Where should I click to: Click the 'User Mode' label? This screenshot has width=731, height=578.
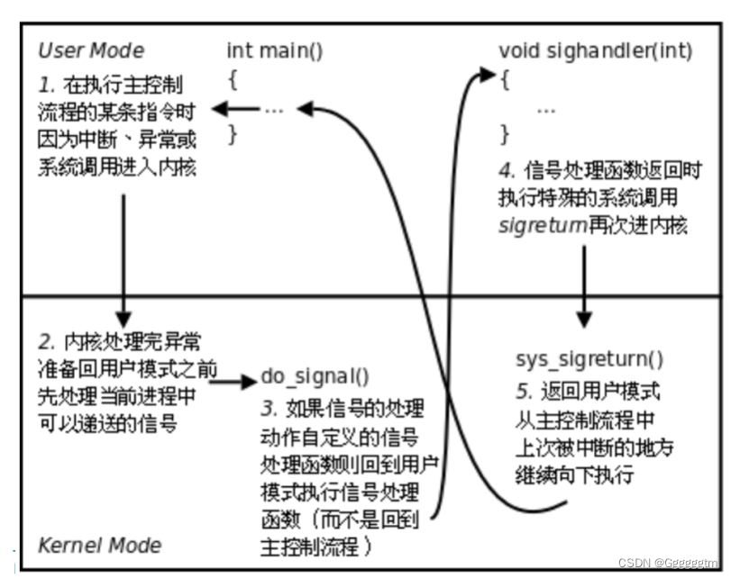(x=90, y=50)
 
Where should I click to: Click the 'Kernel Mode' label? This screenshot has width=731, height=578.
(x=99, y=545)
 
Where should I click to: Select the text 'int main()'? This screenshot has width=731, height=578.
(x=274, y=50)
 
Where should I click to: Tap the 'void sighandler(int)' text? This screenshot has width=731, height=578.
(x=595, y=50)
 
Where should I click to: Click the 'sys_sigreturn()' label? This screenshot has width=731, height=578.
(x=589, y=359)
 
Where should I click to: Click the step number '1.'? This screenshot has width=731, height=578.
(x=47, y=85)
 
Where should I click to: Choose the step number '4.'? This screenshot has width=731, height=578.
(x=507, y=169)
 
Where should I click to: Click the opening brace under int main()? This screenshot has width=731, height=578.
(x=233, y=79)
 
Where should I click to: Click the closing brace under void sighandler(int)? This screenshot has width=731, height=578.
(x=505, y=135)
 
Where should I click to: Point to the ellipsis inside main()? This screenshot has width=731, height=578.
(x=274, y=109)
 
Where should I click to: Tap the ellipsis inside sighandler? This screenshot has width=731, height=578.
(x=545, y=109)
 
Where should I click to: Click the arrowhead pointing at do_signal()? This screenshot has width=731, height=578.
(x=249, y=383)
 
